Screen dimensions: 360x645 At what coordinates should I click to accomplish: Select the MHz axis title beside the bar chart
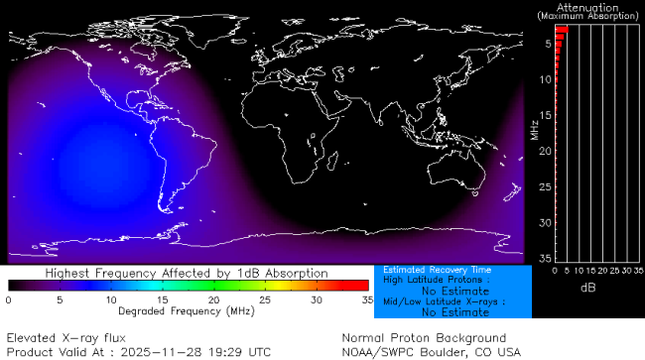click(x=534, y=129)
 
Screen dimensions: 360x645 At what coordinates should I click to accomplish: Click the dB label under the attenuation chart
click(x=587, y=287)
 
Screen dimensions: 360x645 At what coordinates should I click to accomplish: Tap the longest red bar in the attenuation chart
click(x=561, y=31)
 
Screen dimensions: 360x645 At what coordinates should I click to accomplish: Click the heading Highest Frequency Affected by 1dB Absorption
click(x=188, y=272)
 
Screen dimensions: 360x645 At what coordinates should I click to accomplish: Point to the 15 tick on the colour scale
click(x=163, y=300)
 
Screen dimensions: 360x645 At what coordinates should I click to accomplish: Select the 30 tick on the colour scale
click(x=317, y=300)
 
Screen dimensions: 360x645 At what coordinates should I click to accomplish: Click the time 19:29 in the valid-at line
click(x=228, y=352)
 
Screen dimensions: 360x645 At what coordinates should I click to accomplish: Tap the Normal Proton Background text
click(x=424, y=338)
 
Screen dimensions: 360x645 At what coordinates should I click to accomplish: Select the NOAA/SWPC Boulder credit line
click(x=431, y=352)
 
